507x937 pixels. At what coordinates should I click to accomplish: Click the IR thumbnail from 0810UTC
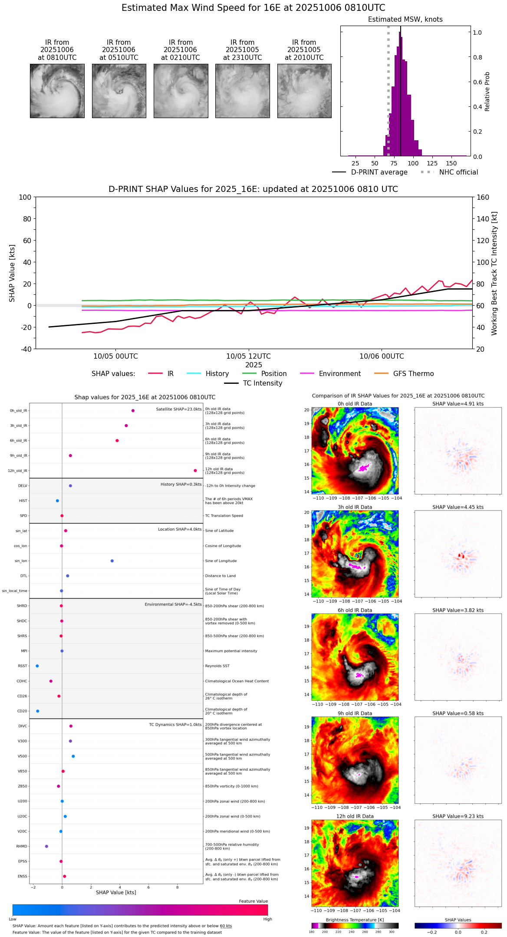point(57,91)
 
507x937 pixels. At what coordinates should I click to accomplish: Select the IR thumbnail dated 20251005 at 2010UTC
point(304,91)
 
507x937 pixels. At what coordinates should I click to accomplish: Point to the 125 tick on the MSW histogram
point(432,163)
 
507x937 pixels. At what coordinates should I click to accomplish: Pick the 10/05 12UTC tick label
point(248,356)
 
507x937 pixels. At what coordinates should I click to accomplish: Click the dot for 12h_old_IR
point(195,471)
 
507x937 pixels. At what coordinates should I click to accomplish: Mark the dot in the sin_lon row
point(112,561)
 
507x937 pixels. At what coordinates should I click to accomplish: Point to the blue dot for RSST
point(37,666)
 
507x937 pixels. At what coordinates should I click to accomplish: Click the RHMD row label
point(22,846)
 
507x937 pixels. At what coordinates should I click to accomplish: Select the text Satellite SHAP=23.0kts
point(179,409)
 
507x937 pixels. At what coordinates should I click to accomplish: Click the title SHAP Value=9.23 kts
point(458,816)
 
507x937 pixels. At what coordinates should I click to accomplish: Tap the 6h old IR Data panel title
point(355,610)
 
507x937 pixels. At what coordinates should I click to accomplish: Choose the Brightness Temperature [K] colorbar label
point(355,920)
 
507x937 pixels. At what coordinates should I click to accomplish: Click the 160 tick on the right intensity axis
point(483,197)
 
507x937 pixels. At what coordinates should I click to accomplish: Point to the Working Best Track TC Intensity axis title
point(494,274)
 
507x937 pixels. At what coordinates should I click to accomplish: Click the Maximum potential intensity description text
point(231,651)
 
